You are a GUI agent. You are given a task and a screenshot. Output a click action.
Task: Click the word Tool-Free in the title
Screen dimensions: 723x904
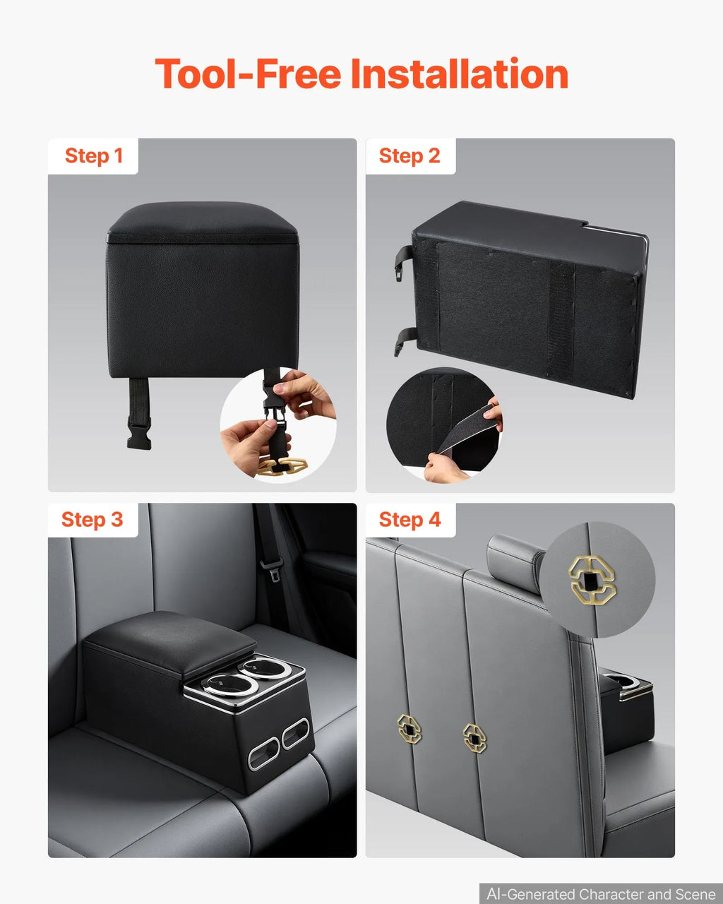coord(248,73)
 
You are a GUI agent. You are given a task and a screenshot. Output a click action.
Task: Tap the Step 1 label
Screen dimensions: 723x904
coord(94,156)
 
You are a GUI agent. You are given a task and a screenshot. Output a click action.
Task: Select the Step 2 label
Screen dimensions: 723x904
coord(410,156)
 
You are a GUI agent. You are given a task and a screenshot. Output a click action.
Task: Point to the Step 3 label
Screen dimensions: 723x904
coord(92,520)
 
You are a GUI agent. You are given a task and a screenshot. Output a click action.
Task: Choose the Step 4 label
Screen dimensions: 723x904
coord(410,520)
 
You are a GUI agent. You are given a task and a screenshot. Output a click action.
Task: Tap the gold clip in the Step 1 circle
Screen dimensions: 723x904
coord(282,466)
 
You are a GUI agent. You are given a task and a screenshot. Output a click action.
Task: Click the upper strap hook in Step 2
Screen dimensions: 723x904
coord(404,263)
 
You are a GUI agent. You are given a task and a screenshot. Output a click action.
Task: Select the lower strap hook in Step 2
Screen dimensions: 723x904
coord(404,342)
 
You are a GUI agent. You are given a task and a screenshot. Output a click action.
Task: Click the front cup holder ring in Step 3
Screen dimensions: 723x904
coord(229,684)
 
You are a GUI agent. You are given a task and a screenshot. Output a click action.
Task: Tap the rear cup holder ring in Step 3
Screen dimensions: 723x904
coord(264,667)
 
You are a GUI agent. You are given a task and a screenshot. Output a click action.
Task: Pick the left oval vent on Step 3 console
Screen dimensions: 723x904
coord(263,754)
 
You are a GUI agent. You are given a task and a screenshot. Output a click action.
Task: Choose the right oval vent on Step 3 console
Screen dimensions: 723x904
coord(295,734)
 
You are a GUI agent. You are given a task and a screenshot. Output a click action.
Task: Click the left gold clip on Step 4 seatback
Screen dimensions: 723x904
coord(409,729)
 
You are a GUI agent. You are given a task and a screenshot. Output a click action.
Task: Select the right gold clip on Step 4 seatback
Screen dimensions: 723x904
coord(474,738)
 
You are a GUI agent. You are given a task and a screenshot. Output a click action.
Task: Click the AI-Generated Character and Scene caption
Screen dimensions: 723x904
coord(601,893)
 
